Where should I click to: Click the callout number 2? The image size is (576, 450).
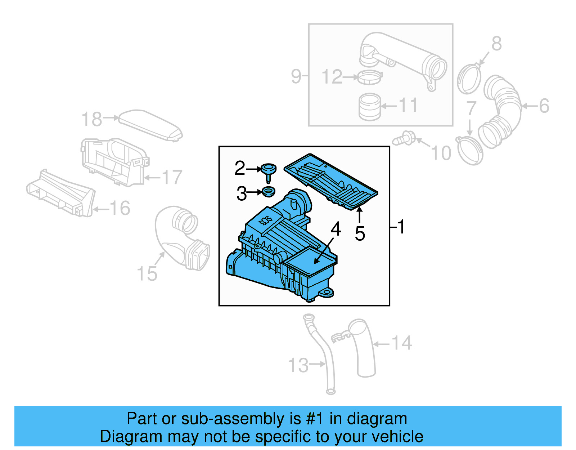(240, 168)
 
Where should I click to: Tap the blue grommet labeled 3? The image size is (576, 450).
(268, 192)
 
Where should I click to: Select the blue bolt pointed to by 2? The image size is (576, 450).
(269, 171)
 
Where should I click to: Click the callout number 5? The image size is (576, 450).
(360, 233)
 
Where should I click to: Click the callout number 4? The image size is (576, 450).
(336, 229)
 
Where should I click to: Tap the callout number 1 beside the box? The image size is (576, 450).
(401, 227)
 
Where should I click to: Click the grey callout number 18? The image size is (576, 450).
(92, 119)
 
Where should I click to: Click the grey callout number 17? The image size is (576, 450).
(172, 177)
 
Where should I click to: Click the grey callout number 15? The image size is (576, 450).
(147, 274)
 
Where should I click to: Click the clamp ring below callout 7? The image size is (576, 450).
(470, 151)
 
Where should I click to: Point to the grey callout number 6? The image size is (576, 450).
(544, 106)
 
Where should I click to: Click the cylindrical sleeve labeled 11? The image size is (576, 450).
(370, 107)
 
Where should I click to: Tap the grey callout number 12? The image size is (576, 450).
(332, 77)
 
